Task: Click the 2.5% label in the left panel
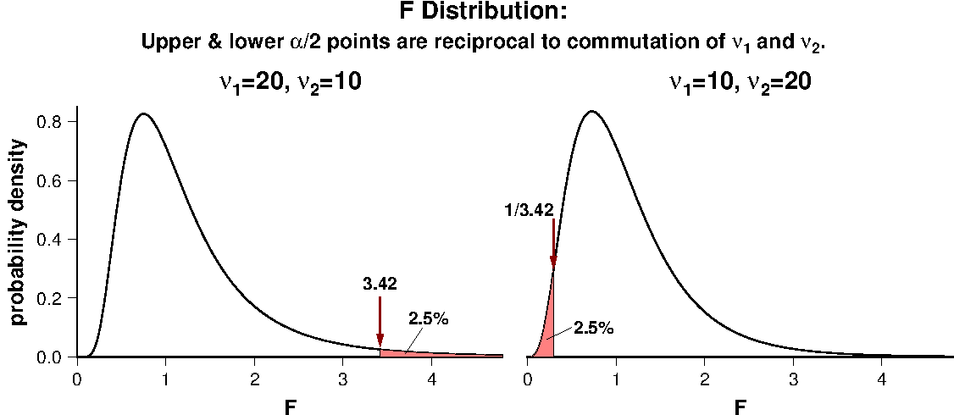pyautogui.click(x=428, y=319)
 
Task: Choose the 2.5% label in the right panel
pyautogui.click(x=593, y=328)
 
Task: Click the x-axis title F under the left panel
pyautogui.click(x=291, y=407)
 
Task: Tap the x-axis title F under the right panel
pyautogui.click(x=740, y=407)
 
